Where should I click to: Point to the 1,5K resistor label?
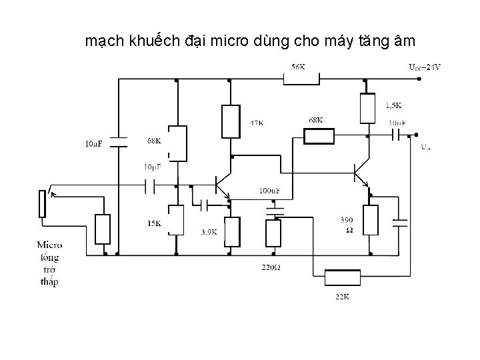tap(393, 105)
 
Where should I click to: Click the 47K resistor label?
tap(256, 123)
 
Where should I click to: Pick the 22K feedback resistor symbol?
tap(341, 277)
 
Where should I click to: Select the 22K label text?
tap(341, 297)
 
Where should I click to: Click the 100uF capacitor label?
tap(269, 191)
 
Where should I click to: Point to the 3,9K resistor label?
tap(209, 233)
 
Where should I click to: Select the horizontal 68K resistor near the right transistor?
tap(319, 137)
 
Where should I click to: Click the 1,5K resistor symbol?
tap(366, 109)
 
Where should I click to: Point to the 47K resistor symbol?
tap(230, 121)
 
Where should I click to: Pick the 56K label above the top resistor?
tap(298, 67)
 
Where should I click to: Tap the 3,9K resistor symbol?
tap(231, 231)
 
